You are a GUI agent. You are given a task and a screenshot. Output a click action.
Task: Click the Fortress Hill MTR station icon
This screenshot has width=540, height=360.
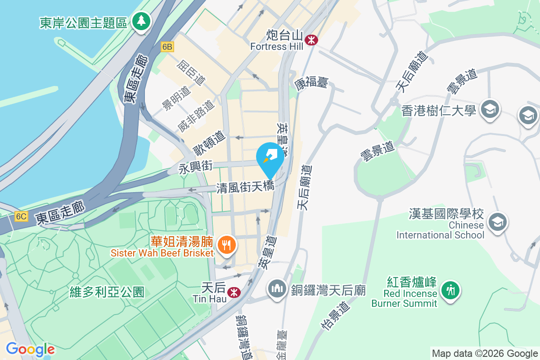(310, 40)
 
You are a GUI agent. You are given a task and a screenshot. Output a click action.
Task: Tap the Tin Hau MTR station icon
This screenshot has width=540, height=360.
(234, 292)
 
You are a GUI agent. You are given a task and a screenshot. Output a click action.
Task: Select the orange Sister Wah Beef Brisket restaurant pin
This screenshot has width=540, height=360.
(225, 245)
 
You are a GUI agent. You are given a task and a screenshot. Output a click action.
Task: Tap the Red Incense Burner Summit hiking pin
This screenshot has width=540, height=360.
(450, 289)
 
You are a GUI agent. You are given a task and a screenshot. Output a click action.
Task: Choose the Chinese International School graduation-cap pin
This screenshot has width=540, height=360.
(498, 222)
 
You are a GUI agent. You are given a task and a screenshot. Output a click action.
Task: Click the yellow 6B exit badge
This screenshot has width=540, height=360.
(167, 47)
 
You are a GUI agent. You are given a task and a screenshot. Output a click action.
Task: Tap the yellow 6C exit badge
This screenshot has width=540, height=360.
(21, 216)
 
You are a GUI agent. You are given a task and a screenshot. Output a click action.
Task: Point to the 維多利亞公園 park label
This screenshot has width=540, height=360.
(107, 292)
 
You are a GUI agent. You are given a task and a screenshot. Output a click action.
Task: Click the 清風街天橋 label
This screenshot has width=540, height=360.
(245, 187)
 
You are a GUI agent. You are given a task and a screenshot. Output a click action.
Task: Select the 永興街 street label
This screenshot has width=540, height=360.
(195, 167)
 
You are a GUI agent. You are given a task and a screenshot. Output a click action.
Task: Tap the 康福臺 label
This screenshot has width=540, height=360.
(311, 82)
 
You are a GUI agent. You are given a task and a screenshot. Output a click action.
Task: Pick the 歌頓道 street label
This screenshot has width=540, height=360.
(209, 142)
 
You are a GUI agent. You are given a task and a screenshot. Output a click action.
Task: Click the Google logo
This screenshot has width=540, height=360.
(30, 349)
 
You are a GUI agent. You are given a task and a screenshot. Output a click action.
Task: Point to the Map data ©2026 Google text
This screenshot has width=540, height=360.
(485, 353)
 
